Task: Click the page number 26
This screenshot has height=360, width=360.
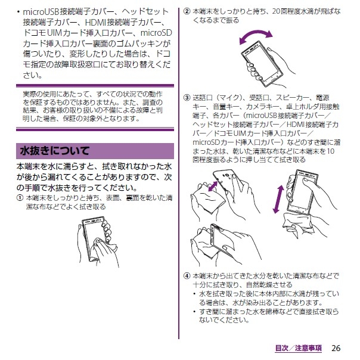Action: (x=336, y=348)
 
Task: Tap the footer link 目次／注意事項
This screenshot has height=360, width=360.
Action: (x=299, y=348)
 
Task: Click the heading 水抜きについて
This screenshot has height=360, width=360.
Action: (x=55, y=151)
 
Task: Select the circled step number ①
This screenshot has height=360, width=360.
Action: (x=20, y=198)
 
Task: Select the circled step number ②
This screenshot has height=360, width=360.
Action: (x=187, y=11)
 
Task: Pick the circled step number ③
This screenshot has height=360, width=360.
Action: (x=187, y=98)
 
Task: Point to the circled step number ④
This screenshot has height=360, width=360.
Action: (x=187, y=276)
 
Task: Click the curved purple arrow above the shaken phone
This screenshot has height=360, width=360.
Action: (x=255, y=33)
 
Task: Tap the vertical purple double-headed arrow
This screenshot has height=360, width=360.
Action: (x=278, y=199)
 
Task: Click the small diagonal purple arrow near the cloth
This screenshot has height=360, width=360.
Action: (x=213, y=186)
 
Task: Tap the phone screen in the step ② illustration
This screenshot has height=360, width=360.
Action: (x=261, y=61)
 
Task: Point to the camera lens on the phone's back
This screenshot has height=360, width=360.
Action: (x=227, y=176)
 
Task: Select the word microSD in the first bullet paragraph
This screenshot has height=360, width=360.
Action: (x=156, y=33)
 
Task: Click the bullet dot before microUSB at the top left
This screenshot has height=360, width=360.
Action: (x=18, y=11)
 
